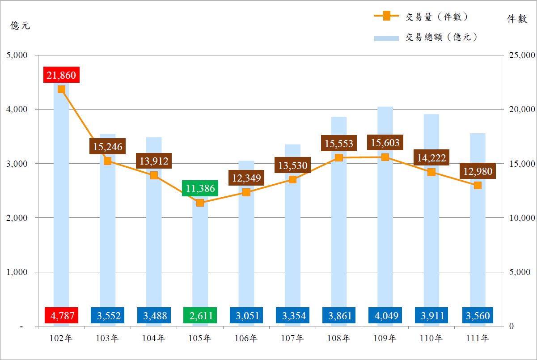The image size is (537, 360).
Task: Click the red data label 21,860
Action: pyautogui.click(x=61, y=75)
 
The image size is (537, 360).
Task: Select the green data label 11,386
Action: pyautogui.click(x=200, y=188)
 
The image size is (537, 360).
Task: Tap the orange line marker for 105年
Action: pyautogui.click(x=200, y=203)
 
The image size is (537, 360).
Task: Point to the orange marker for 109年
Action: pyautogui.click(x=385, y=157)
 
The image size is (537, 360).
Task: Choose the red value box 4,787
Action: pyautogui.click(x=61, y=316)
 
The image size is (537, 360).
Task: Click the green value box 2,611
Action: pyautogui.click(x=200, y=316)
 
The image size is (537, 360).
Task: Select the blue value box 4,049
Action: pyautogui.click(x=385, y=316)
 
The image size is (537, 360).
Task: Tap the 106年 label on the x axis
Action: pyautogui.click(x=246, y=339)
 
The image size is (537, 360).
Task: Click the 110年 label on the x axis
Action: pyautogui.click(x=431, y=339)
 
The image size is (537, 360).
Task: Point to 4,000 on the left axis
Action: pyautogui.click(x=17, y=109)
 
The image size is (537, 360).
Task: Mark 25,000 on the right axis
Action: pyautogui.click(x=519, y=55)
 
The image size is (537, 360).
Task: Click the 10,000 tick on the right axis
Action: pyautogui.click(x=519, y=218)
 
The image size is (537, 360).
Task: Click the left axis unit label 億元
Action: pyautogui.click(x=21, y=25)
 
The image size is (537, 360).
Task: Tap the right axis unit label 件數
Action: pyautogui.click(x=516, y=19)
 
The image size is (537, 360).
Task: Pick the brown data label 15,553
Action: pyautogui.click(x=338, y=144)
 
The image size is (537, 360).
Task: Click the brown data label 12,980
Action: pyautogui.click(x=478, y=171)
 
